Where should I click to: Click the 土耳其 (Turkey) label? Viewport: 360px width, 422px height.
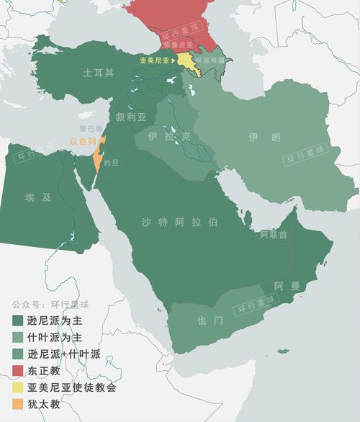[x=99, y=73]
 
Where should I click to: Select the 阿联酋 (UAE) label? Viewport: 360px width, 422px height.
[x=274, y=235]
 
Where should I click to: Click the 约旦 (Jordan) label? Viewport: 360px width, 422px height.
[x=112, y=163]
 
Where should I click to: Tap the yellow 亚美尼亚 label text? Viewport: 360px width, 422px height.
[x=153, y=61]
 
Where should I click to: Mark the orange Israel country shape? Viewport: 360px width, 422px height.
[x=98, y=158]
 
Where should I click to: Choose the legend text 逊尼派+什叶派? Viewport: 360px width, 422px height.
[x=63, y=354]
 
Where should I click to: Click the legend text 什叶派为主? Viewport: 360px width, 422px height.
[x=55, y=337]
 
